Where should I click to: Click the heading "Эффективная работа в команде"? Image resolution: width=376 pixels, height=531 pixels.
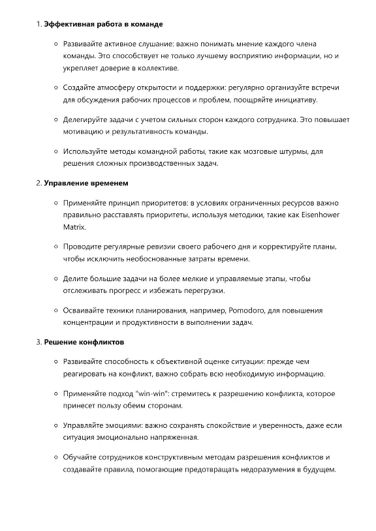(103, 24)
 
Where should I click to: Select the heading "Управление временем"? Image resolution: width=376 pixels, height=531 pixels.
(86, 183)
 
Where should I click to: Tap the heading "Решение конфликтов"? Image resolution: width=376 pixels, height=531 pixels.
(84, 342)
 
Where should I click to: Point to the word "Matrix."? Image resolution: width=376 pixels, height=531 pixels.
(74, 227)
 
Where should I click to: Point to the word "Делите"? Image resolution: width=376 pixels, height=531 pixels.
(76, 279)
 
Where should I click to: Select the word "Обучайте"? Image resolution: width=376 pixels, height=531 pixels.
(82, 457)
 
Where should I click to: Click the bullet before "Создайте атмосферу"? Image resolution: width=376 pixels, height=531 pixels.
(55, 87)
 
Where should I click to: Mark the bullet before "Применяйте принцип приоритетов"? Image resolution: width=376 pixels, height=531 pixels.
(55, 202)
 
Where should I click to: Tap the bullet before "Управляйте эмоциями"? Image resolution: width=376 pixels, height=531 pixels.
(55, 425)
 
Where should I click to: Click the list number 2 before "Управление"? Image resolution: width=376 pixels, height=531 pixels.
(38, 183)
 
